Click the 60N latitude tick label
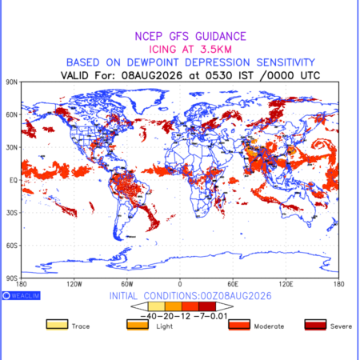click(11, 115)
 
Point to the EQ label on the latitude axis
click(14, 181)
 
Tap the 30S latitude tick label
click(11, 213)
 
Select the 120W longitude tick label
click(74, 284)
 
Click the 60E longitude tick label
click(233, 284)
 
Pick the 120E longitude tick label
click(286, 284)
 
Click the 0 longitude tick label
click(180, 284)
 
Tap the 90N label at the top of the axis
click(11, 82)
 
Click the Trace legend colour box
click(57, 325)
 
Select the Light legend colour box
click(138, 325)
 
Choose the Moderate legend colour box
click(239, 325)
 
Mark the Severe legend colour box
click(315, 325)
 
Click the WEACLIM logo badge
click(22, 296)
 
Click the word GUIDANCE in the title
click(221, 37)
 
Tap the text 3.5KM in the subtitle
click(216, 50)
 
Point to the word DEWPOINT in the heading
click(153, 62)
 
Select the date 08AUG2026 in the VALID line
click(152, 76)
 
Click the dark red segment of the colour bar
click(207, 306)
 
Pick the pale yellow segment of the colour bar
click(157, 306)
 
